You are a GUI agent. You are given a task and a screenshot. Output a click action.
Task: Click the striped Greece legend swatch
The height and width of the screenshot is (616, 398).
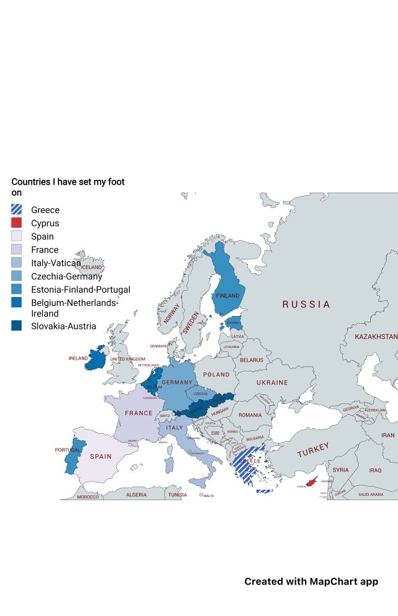pos(17,210)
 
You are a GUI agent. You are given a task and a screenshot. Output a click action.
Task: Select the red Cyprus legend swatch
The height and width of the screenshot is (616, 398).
pos(17,223)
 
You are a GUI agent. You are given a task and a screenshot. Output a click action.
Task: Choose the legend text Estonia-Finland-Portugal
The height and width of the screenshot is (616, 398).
pos(81,290)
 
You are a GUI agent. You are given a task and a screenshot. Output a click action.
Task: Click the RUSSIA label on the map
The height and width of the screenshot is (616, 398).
pos(306,304)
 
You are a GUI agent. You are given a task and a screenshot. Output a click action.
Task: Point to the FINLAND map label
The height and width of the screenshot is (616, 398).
pos(228,296)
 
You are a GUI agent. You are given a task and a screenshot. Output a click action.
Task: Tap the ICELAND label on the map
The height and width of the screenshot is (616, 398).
pos(92,267)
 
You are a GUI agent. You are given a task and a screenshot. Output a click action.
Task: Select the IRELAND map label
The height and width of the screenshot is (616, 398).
pos(78,358)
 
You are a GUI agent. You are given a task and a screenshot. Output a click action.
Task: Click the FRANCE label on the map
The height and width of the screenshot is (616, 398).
pos(138,413)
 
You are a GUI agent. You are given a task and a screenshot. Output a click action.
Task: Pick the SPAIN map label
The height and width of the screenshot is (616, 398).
pos(101,456)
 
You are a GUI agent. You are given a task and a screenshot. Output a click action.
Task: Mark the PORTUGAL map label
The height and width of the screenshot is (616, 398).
pos(68,450)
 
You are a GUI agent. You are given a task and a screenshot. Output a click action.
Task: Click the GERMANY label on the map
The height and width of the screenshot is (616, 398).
pos(177,383)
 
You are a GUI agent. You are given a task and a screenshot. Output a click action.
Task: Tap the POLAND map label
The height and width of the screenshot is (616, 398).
pos(217,375)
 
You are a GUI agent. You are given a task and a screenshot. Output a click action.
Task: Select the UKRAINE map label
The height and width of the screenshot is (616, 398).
pos(272,383)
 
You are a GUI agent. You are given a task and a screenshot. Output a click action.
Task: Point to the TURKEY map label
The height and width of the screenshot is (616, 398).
pos(313,450)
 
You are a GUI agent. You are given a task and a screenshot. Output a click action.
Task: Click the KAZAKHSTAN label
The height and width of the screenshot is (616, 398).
pos(376,337)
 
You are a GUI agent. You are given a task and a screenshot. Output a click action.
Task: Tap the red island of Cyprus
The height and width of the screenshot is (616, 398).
pos(314,481)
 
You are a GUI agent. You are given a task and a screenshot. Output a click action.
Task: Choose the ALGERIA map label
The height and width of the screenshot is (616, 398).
pos(137,495)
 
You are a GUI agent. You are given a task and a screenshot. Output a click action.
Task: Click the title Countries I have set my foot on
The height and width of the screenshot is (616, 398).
pos(68,187)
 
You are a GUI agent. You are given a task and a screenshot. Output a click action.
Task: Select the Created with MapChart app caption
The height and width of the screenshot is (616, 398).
pos(311,582)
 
